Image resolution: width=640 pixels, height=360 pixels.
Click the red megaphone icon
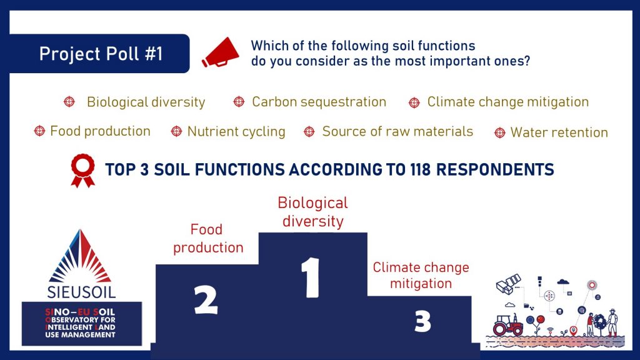pos(221,53)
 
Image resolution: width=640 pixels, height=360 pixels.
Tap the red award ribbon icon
pos(83,171)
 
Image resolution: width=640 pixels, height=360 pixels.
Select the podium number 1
pos(311,277)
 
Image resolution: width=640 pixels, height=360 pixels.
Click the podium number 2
pos(206,300)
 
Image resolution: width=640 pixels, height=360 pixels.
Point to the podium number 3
pos(422,321)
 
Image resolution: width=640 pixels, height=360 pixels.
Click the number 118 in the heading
pos(421,169)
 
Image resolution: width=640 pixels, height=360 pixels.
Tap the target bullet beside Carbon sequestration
pos(239,102)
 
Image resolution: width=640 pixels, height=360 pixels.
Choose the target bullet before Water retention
pos(499,132)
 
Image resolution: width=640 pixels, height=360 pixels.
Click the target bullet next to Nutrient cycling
pos(176,131)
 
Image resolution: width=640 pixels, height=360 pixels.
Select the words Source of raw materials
pos(397,131)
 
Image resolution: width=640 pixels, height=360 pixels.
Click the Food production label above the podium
pos(208,238)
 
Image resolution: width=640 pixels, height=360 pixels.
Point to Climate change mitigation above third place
pos(421,275)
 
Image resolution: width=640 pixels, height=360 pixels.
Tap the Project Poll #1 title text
pos(101,54)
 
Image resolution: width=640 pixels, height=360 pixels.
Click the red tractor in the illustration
pos(507,325)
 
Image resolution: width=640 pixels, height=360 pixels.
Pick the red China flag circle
pos(541,319)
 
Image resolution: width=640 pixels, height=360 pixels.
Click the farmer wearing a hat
pos(612,322)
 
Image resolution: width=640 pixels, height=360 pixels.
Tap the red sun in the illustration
pos(592,285)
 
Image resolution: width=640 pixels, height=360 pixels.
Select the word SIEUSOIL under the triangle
pos(81,292)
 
